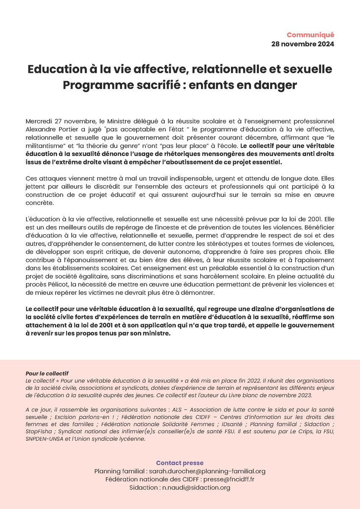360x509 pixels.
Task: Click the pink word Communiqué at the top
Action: pyautogui.click(x=310, y=35)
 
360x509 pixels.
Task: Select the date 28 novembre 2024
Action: pyautogui.click(x=303, y=44)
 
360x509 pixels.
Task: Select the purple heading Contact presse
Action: pyautogui.click(x=180, y=463)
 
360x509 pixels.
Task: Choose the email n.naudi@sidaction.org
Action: pyautogui.click(x=196, y=488)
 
